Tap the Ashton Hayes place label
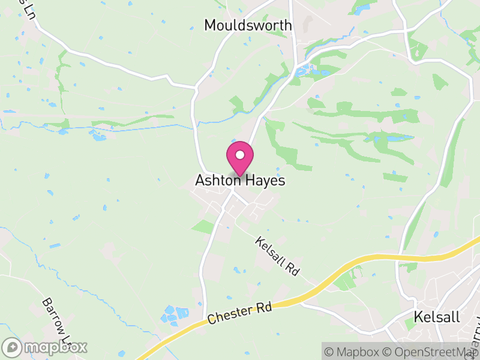tap(240, 181)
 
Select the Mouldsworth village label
tap(248, 25)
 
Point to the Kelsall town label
tap(437, 317)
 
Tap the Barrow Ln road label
tap(58, 318)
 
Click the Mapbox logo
tap(45, 347)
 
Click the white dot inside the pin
tap(240, 155)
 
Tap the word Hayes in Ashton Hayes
tap(263, 181)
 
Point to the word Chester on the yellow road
tap(229, 316)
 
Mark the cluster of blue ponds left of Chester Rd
tap(174, 314)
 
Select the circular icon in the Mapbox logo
tap(12, 347)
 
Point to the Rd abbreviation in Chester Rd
tap(265, 307)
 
